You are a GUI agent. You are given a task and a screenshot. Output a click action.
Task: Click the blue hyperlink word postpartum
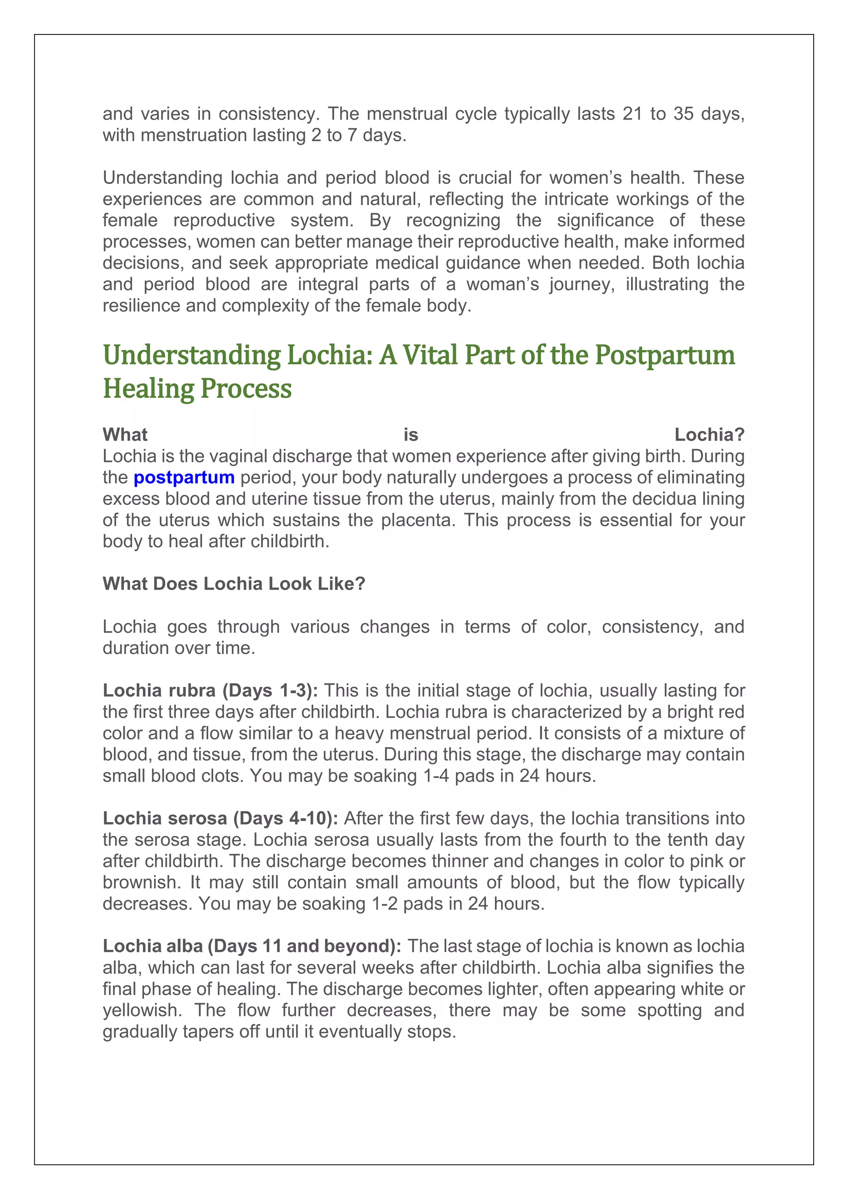[x=184, y=477]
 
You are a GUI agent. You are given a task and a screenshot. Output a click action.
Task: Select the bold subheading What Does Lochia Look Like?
[x=234, y=583]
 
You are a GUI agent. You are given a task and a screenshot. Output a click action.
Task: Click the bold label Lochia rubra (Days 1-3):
[x=210, y=690]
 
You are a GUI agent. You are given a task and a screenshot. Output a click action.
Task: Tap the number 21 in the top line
[x=632, y=113]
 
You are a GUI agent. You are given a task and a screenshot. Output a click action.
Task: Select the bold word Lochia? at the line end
[x=709, y=434]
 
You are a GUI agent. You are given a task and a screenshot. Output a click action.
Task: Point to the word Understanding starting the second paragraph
[x=162, y=178]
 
